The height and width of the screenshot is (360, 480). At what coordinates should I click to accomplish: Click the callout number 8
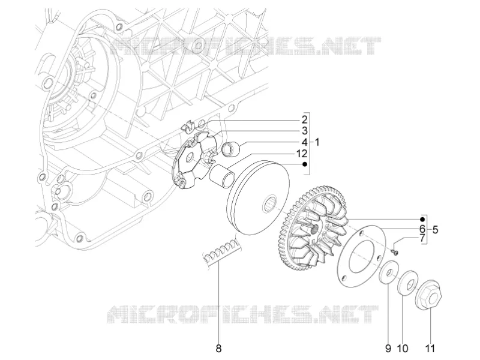point(218,349)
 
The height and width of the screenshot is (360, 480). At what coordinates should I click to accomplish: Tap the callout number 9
point(388,349)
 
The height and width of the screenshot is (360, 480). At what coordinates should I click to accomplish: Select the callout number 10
point(403,349)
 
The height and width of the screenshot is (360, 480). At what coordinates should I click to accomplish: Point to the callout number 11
point(430,349)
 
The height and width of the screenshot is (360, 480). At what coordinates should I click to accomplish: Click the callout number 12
point(302,154)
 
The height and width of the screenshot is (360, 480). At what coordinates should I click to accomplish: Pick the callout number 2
point(304,119)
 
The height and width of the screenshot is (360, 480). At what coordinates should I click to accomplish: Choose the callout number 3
point(304,131)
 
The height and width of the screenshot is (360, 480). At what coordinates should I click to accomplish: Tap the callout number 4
point(304,142)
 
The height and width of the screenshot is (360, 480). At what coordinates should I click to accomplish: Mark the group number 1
point(317,142)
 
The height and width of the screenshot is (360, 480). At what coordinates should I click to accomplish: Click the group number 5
point(435,229)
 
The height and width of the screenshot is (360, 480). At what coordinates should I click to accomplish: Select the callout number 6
point(422,229)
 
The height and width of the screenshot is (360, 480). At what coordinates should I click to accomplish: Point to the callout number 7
point(422,238)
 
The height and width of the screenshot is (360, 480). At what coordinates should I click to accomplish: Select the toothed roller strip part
point(221,252)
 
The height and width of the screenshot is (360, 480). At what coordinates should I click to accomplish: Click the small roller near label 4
point(230,148)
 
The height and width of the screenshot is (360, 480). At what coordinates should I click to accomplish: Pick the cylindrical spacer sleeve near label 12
point(222,176)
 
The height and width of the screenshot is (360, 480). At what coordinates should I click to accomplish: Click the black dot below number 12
point(305,164)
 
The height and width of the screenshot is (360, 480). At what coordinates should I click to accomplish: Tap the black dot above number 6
point(422,219)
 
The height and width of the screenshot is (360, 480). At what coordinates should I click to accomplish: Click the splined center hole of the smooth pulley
point(269,205)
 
